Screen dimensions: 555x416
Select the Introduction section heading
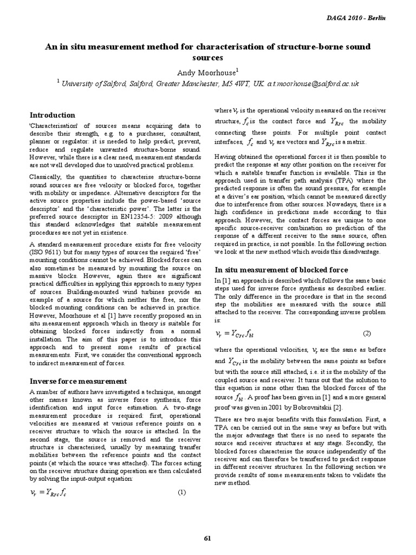(x=53, y=115)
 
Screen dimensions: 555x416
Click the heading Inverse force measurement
(x=78, y=381)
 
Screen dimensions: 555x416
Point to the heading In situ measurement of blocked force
(x=281, y=269)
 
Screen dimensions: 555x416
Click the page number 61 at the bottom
(x=207, y=538)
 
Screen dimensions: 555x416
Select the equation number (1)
(x=182, y=493)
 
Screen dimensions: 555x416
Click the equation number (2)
(x=367, y=333)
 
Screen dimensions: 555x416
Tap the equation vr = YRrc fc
(x=49, y=493)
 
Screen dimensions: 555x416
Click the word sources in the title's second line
(x=208, y=57)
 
